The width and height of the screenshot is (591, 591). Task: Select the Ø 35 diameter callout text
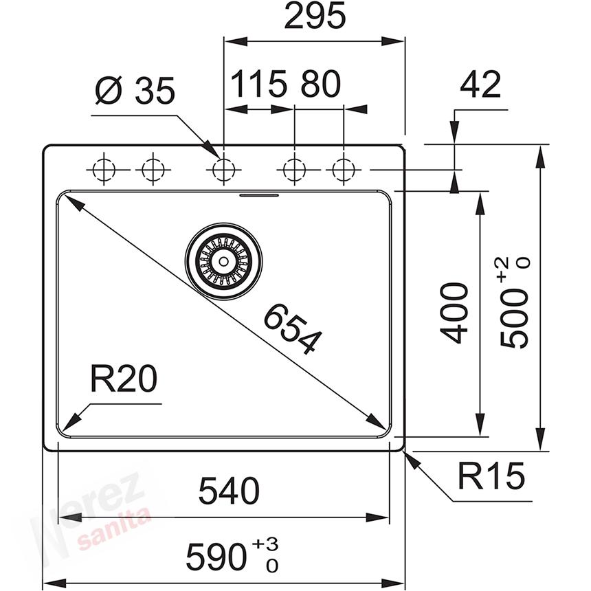(x=135, y=91)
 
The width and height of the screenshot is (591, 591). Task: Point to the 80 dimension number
(x=320, y=85)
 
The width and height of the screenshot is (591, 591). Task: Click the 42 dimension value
(x=480, y=85)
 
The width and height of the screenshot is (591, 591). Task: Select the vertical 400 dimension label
(x=455, y=313)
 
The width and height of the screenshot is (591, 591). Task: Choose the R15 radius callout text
(x=491, y=476)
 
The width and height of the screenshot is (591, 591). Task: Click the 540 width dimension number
(x=229, y=491)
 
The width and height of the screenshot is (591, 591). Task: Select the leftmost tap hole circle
(x=102, y=168)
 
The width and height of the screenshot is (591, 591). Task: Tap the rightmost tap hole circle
(x=344, y=168)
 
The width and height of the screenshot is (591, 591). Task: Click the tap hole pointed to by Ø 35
(x=223, y=168)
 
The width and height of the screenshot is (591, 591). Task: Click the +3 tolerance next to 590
(x=265, y=545)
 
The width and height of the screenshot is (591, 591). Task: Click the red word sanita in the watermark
(x=114, y=528)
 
